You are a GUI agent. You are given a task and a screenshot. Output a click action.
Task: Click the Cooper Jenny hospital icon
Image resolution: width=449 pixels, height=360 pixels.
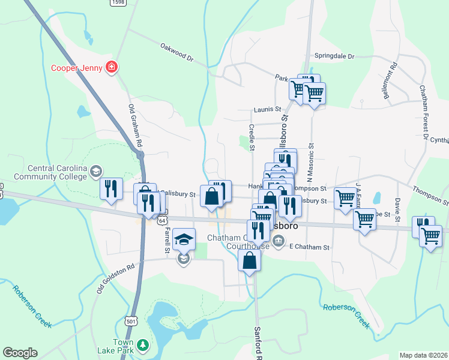click(111, 67)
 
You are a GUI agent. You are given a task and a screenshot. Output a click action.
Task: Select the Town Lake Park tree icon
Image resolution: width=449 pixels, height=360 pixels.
click(142, 345)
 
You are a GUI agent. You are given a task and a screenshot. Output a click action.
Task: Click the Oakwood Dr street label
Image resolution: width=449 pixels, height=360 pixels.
click(178, 53)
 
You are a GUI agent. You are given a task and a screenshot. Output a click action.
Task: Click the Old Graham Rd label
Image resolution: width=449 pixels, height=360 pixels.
click(135, 126)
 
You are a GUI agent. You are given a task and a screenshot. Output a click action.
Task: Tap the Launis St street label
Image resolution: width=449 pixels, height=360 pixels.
click(267, 109)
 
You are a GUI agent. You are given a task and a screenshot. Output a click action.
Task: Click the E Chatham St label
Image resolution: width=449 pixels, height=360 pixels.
click(309, 247)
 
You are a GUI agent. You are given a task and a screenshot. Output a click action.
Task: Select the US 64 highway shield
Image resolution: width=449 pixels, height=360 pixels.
click(162, 220)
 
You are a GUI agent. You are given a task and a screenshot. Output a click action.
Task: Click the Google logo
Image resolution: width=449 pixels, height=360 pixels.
click(20, 353)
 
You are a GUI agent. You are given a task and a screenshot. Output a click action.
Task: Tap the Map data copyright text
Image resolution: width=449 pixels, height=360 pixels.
click(423, 355)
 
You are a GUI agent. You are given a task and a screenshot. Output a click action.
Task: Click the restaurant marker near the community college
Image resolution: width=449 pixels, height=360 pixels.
click(112, 190)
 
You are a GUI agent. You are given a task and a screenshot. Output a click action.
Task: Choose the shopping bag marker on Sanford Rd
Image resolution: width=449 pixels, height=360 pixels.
click(250, 261)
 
